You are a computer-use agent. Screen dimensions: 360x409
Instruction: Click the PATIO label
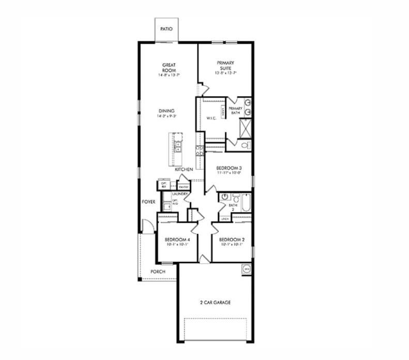coord(166,30)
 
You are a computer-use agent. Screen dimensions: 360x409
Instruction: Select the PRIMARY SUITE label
coord(225,65)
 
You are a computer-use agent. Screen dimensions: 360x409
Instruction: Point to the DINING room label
coord(166,111)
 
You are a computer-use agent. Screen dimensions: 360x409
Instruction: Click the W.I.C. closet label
coord(210,118)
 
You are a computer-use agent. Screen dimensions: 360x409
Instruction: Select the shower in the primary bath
coord(246,126)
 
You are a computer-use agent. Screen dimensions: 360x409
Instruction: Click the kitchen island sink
coord(177,145)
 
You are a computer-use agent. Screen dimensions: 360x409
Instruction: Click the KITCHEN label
coord(184,170)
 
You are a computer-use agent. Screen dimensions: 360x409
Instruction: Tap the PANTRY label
coord(183,187)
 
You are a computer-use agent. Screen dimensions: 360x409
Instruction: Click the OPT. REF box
coord(164,185)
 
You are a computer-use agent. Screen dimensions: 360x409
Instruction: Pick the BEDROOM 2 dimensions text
coord(231,245)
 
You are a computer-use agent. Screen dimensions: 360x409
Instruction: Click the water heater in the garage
coord(247,269)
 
